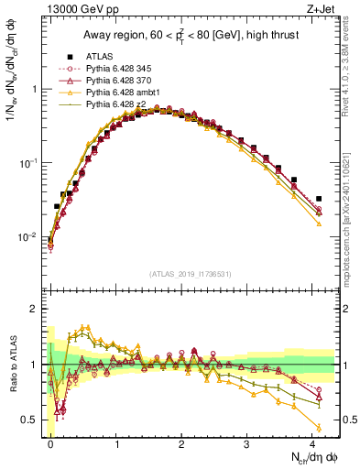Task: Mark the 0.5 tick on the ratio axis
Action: point(31,420)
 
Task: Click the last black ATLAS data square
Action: point(319,199)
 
